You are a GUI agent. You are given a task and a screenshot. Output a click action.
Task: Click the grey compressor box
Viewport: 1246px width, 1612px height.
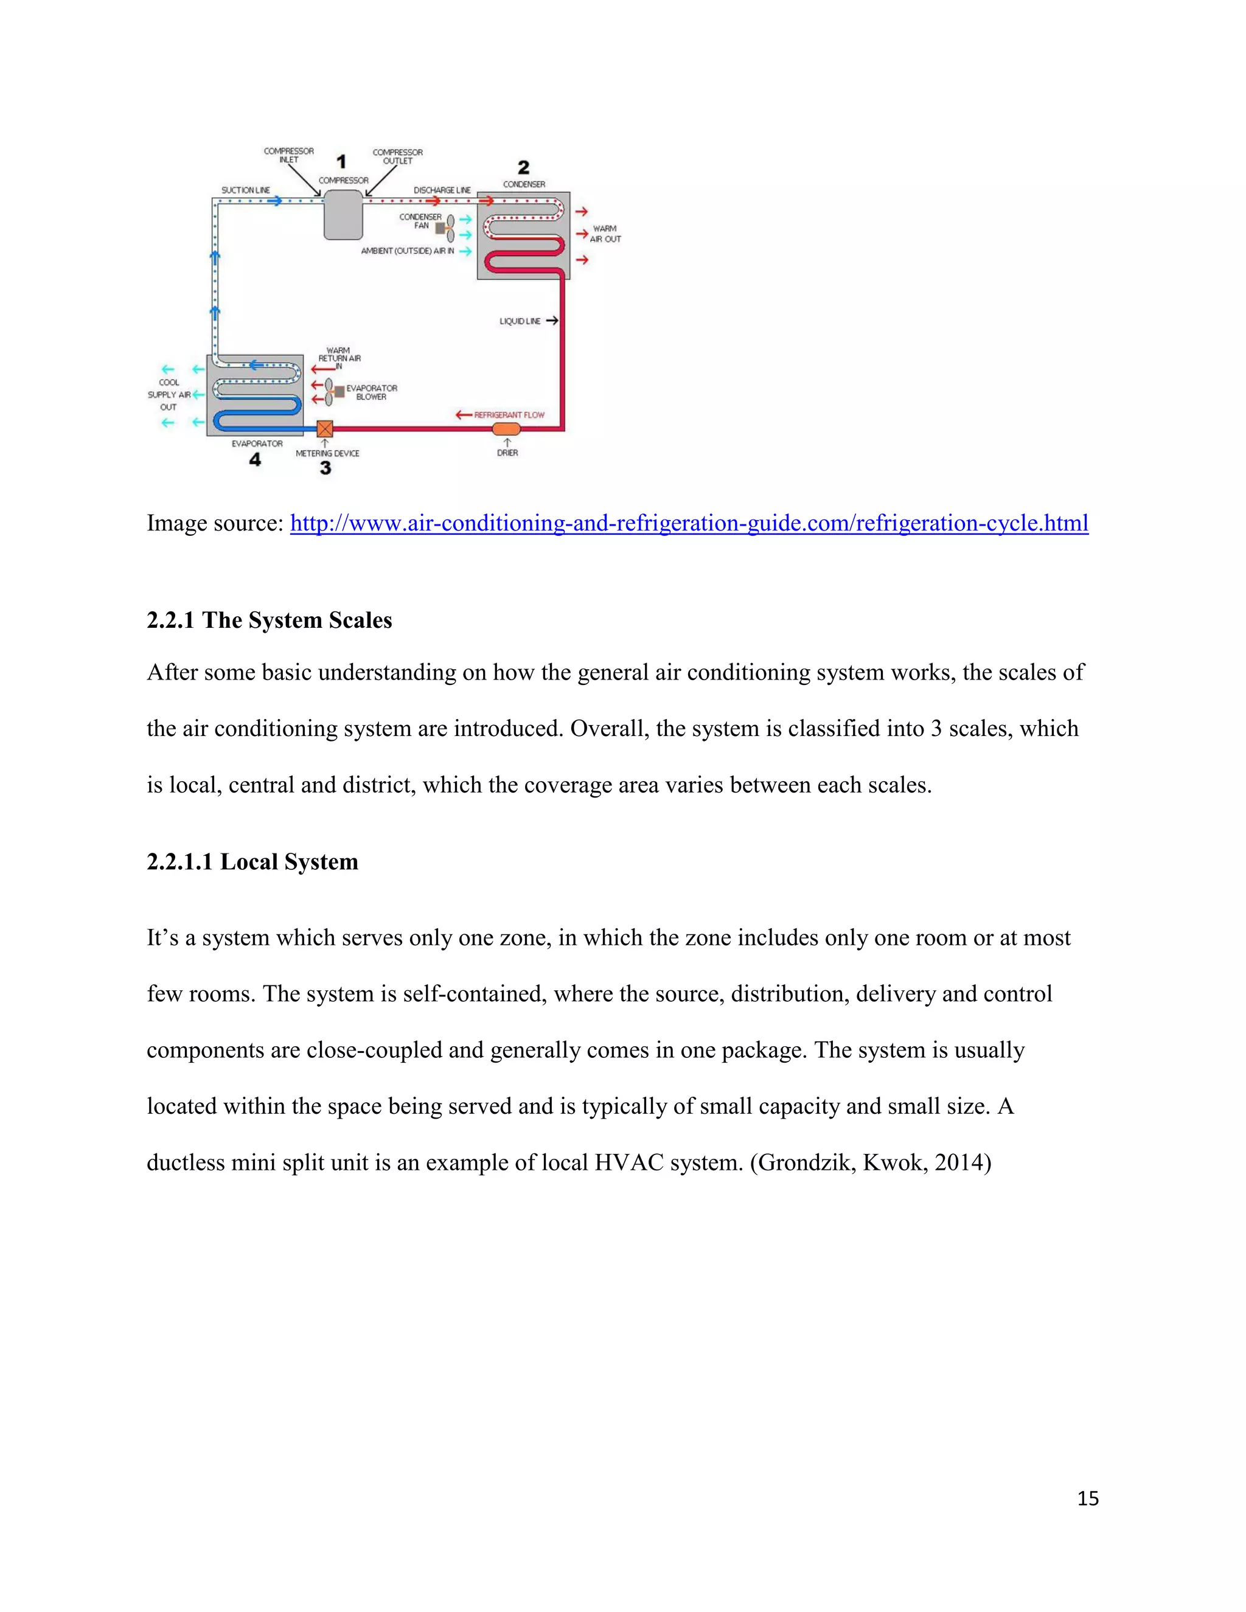point(343,215)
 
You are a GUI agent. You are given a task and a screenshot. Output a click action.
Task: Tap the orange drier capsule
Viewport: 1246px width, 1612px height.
point(506,429)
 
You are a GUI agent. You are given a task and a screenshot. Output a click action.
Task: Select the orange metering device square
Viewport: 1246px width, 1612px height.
point(325,429)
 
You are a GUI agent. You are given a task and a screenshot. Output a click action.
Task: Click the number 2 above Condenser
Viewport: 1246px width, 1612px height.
point(523,167)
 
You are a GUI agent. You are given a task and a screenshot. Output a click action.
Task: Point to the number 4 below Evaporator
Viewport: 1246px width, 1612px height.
point(255,460)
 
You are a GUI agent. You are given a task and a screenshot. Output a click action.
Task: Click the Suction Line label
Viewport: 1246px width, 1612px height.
point(246,190)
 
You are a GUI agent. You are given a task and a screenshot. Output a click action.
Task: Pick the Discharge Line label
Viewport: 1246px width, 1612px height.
point(442,190)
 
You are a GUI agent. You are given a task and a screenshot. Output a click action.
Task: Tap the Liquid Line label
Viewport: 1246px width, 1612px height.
point(520,321)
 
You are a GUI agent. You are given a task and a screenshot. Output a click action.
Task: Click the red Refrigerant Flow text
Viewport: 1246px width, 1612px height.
point(509,415)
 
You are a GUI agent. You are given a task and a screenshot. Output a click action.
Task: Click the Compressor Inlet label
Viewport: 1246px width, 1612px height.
point(288,155)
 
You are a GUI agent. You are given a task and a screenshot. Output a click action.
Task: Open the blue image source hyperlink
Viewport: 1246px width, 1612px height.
point(689,523)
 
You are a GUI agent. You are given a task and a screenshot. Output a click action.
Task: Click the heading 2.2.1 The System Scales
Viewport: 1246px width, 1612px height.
point(269,620)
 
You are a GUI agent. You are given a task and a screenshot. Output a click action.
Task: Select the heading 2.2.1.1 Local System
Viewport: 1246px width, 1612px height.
point(252,861)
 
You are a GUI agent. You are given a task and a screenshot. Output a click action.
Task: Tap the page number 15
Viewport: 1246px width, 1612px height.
point(1087,1498)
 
